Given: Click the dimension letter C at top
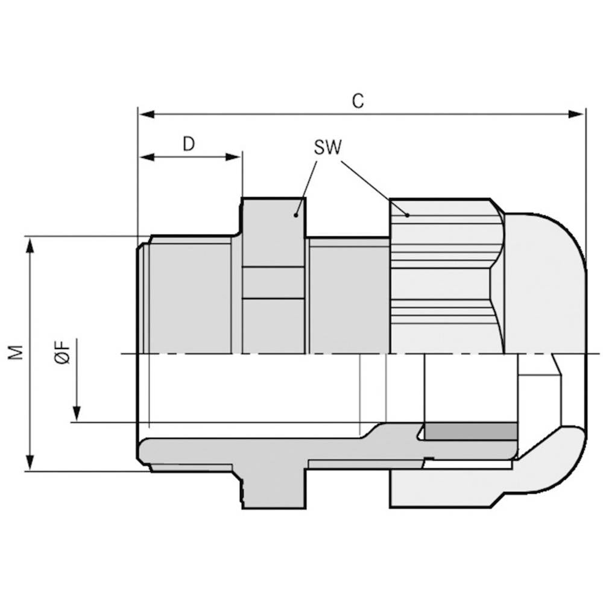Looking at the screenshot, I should [x=358, y=101].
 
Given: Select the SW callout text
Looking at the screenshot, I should [x=327, y=148].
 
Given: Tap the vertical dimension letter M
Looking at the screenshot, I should [x=17, y=353].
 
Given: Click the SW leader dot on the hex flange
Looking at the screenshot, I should [x=296, y=214].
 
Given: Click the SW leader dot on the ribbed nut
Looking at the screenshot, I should [x=407, y=215].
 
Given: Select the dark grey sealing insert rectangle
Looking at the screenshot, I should [x=470, y=431].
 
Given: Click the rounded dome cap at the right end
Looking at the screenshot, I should [x=546, y=283].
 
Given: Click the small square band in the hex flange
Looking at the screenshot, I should [x=273, y=283].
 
